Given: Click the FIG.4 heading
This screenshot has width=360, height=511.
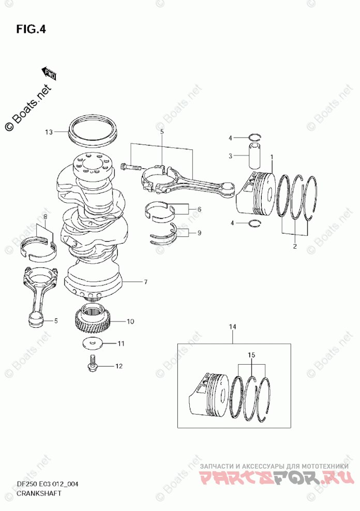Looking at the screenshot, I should (x=32, y=29).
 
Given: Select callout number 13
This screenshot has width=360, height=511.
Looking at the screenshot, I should (x=49, y=132).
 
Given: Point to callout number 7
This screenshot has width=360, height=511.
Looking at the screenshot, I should (x=146, y=282).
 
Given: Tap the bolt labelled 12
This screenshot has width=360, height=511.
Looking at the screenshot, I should (x=92, y=362).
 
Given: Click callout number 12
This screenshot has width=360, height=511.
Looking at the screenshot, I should (x=118, y=366).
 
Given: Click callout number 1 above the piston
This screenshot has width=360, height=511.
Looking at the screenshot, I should (x=272, y=157).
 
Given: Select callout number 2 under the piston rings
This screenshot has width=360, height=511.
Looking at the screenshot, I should (x=295, y=246).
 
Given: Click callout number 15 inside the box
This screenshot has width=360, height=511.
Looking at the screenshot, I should (x=251, y=356).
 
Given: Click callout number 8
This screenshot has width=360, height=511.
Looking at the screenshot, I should (x=45, y=217).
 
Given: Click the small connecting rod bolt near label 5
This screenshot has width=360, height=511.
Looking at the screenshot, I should (x=129, y=167).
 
